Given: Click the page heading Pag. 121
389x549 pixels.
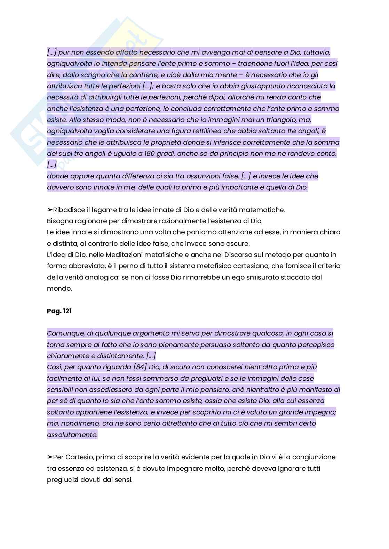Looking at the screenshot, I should (x=59, y=311).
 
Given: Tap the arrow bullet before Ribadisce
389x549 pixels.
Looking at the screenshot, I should (x=50, y=210).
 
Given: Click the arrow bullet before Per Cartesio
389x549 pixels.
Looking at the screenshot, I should (x=50, y=457).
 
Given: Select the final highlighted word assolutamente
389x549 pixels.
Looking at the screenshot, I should (x=72, y=435).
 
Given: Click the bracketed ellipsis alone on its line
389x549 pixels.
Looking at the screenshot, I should (x=51, y=165).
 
